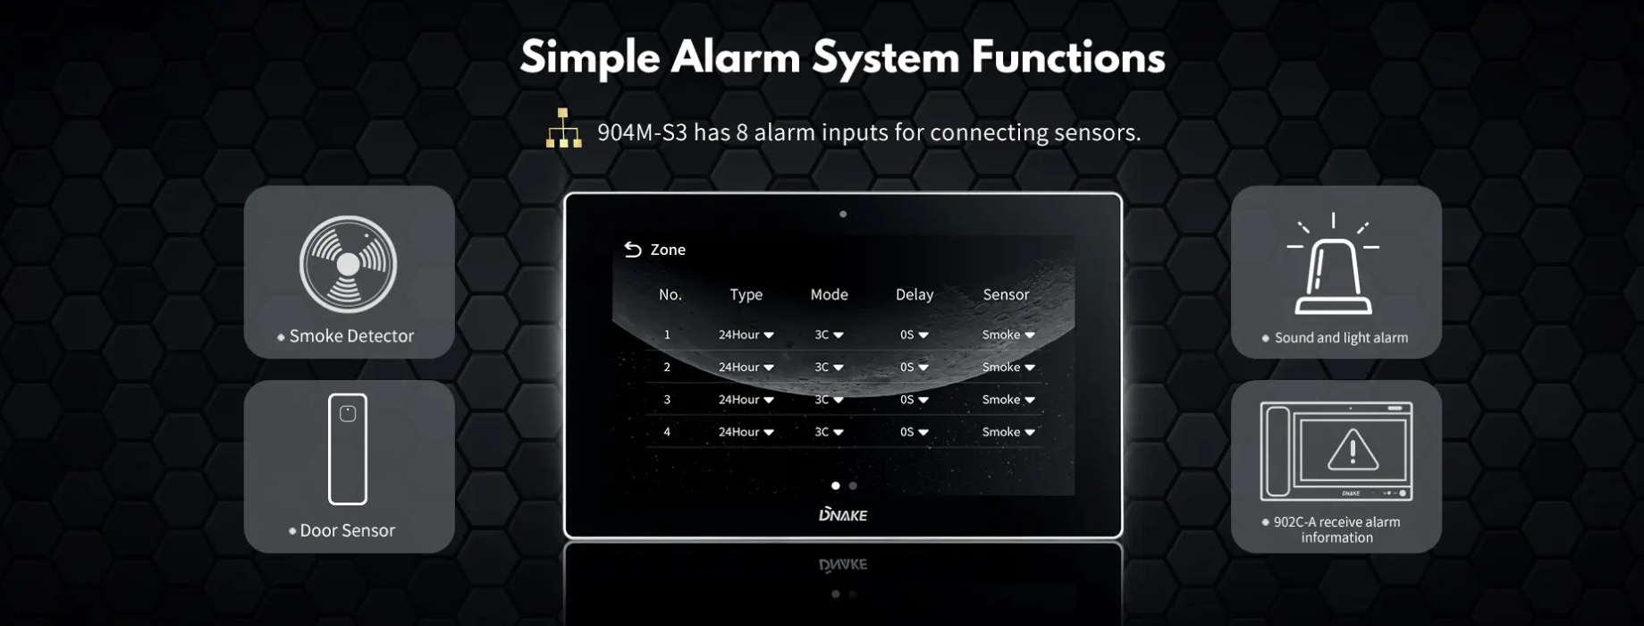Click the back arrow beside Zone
point(633,250)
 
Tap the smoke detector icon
point(348,264)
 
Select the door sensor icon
point(348,449)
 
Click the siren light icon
point(1333,264)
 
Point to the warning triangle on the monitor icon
point(1353,450)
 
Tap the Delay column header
point(915,294)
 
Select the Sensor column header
point(1006,294)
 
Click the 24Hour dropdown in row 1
point(746,334)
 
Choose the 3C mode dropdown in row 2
point(829,367)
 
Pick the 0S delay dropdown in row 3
point(915,400)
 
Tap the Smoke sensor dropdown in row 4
point(1008,432)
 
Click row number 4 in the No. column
point(667,432)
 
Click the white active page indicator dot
point(836,486)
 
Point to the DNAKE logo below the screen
point(843,514)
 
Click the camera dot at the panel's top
point(843,214)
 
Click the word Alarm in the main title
point(736,57)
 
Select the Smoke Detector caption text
point(351,336)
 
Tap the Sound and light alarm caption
point(1341,338)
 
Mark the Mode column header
point(830,294)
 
